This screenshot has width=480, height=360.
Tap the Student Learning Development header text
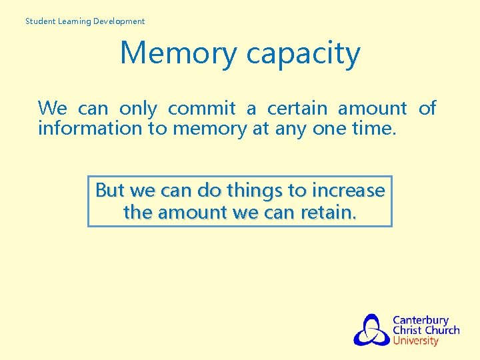click(85, 21)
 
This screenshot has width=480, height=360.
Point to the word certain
click(297, 108)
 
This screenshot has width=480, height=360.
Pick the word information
click(90, 128)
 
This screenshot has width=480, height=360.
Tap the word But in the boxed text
click(110, 191)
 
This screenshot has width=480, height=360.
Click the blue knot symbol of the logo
click(371, 330)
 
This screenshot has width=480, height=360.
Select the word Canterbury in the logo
click(421, 320)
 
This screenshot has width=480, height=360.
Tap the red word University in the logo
click(416, 341)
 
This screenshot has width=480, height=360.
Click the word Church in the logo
click(443, 330)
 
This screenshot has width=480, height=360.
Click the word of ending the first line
click(427, 108)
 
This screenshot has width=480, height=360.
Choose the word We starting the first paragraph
click(52, 108)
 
